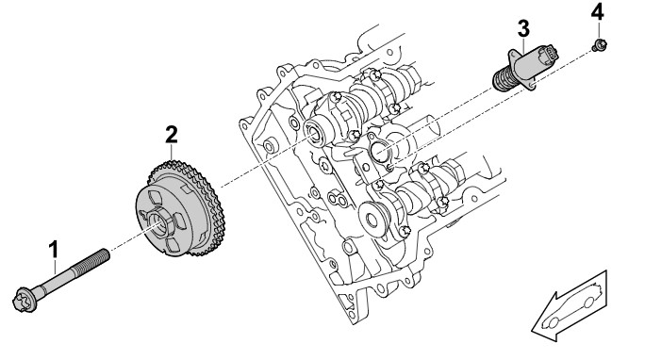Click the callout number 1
click(54, 250)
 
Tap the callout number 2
click(172, 135)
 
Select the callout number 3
click(523, 29)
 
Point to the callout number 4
click(597, 12)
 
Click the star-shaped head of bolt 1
click(25, 300)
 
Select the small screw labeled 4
click(600, 44)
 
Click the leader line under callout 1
click(55, 267)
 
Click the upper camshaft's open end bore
click(316, 133)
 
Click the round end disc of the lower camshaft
click(372, 220)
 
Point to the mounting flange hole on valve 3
click(532, 85)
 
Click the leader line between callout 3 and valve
click(523, 45)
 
